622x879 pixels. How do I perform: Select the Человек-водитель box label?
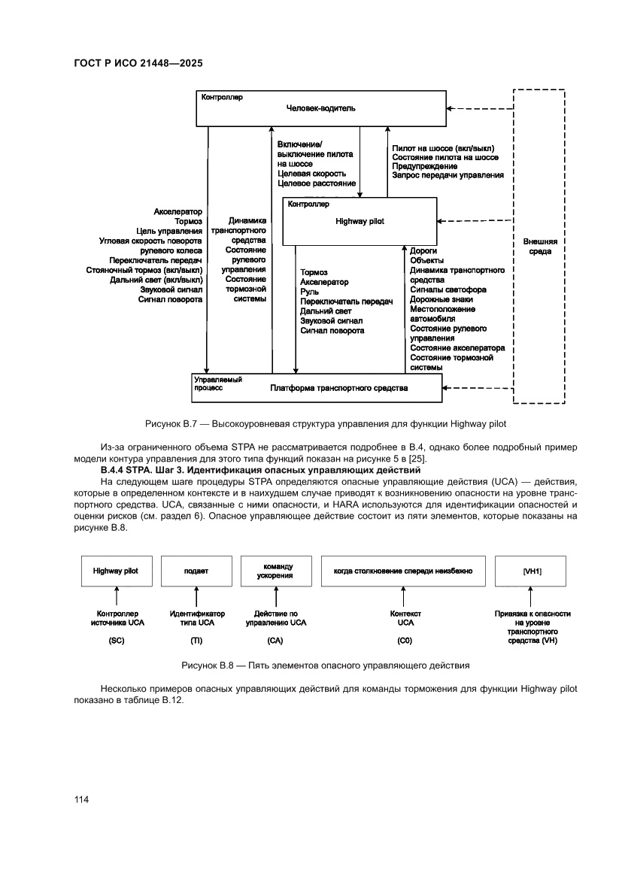[x=320, y=108]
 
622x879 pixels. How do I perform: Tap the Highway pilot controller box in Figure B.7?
[x=359, y=221]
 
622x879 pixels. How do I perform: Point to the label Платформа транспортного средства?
[x=338, y=388]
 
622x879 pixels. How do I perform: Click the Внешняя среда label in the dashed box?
[x=540, y=247]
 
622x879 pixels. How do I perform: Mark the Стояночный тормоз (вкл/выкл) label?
[x=144, y=269]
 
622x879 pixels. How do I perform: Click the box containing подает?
[x=196, y=571]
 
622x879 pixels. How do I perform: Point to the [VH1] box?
[x=532, y=571]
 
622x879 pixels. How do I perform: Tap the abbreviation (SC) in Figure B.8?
[x=115, y=641]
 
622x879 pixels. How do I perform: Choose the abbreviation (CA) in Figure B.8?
[x=275, y=641]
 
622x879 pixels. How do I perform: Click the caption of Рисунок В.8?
[x=325, y=665]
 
